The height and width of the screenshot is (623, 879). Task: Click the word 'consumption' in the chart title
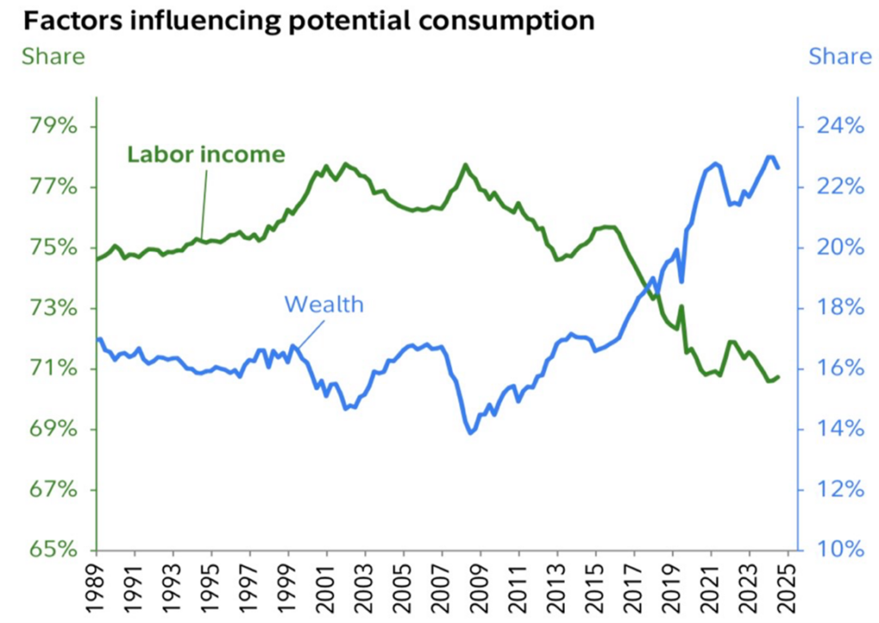[497, 20]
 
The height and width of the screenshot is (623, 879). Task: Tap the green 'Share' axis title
[53, 57]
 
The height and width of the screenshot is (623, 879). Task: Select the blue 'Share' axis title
[840, 57]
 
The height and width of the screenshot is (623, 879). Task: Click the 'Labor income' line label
[206, 154]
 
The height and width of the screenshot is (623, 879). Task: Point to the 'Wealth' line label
[324, 304]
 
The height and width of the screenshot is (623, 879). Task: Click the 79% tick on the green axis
[53, 127]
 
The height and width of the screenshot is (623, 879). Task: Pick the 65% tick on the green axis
[53, 549]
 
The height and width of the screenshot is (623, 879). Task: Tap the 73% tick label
[53, 308]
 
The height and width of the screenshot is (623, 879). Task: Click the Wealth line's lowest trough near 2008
[470, 433]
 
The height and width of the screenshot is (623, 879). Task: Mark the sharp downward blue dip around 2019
[682, 281]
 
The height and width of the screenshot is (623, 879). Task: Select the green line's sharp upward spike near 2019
[682, 306]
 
